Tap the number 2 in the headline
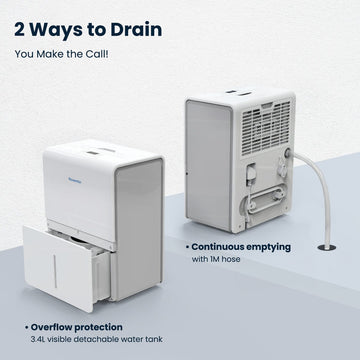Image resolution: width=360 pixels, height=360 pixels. (x=23, y=28)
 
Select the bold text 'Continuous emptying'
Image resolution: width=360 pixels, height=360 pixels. (x=241, y=245)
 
